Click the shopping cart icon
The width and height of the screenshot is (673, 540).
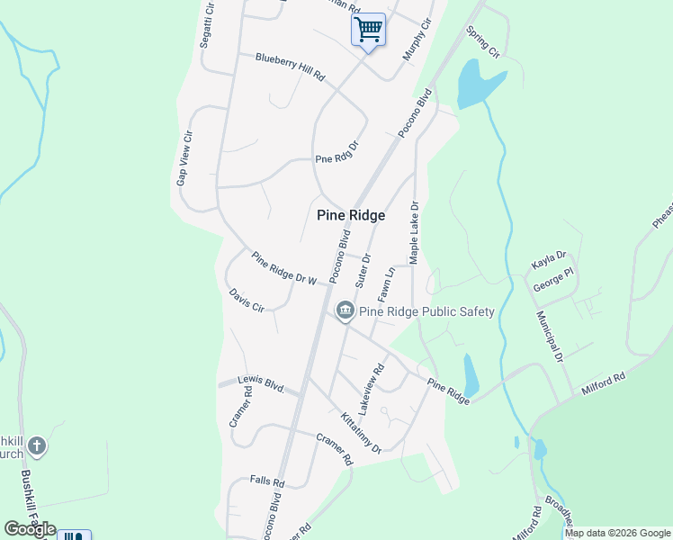coord(367,29)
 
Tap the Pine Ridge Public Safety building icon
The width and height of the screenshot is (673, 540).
coord(345,311)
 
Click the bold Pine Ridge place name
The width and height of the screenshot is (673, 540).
coord(351,216)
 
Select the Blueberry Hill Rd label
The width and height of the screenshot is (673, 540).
coord(289,67)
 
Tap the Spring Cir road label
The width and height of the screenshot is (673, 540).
coord(481,42)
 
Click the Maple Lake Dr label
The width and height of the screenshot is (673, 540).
coord(415,232)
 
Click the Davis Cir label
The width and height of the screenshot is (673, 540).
coord(246,300)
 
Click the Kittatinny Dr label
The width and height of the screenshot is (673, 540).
coord(361,433)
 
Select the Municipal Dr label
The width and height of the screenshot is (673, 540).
coord(549,337)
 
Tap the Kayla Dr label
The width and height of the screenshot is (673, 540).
coord(548,261)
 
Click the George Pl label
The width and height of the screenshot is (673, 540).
coord(553,280)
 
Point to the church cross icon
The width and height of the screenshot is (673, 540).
coord(36,445)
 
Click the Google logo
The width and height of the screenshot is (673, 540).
coord(30,528)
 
